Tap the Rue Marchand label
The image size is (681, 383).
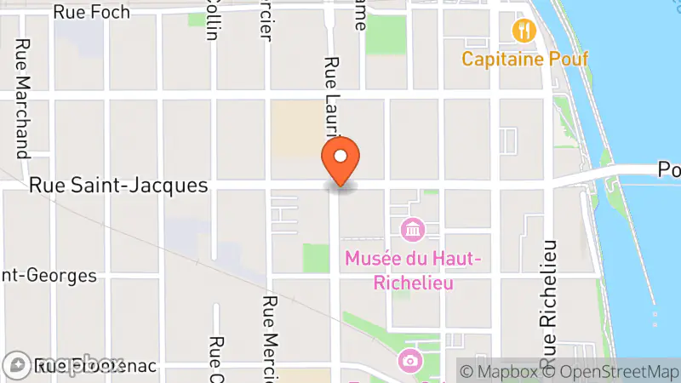click(23, 98)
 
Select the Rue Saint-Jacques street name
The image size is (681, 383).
click(118, 185)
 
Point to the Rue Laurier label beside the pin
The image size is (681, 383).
click(332, 94)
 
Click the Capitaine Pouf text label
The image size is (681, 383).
click(525, 60)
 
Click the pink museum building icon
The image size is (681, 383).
click(412, 230)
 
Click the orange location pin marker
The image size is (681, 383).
click(340, 162)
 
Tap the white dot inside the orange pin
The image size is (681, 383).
click(340, 157)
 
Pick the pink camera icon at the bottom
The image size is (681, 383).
click(410, 360)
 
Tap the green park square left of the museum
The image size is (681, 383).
click(316, 258)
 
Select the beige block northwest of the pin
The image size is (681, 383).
click(295, 128)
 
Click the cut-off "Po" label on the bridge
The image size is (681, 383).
click(668, 171)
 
